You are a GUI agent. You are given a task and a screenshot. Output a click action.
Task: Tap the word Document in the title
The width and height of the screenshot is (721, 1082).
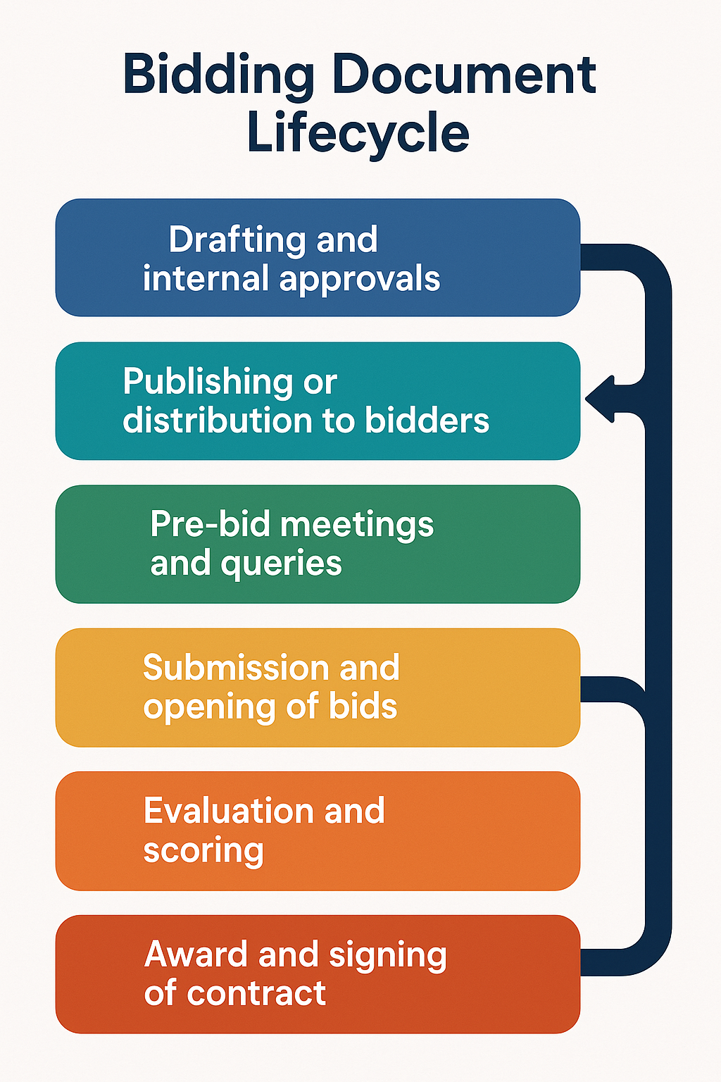click(464, 75)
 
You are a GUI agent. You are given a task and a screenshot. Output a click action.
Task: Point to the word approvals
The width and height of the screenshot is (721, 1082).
click(360, 280)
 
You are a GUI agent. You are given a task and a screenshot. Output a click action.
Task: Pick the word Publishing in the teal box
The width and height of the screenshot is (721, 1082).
click(207, 383)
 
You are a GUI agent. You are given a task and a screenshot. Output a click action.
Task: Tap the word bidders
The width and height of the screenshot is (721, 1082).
click(427, 421)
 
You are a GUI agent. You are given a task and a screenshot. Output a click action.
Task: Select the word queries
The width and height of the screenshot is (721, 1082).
click(281, 564)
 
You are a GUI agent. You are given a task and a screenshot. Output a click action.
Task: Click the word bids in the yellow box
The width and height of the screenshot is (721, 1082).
click(363, 707)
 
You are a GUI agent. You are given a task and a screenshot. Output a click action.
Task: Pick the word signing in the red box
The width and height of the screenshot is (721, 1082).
click(387, 956)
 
